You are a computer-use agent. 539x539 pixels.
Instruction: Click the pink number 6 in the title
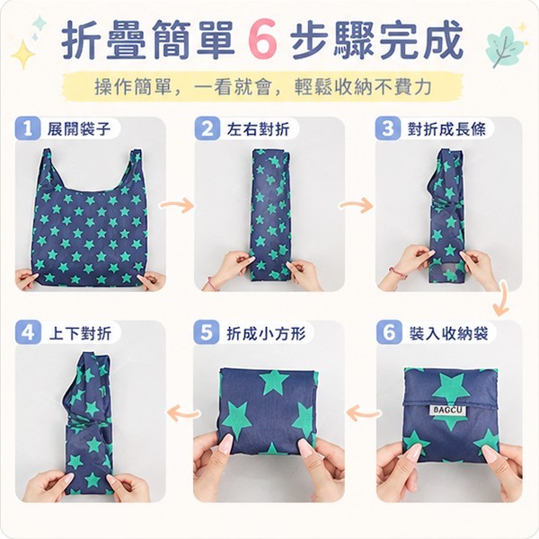[x=262, y=40]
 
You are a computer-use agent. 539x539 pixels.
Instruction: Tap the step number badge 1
[x=28, y=128]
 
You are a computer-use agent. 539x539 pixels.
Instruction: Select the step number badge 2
[x=208, y=128]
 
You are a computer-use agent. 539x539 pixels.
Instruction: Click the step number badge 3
[x=387, y=128]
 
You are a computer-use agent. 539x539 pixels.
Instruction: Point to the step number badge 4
[x=28, y=332]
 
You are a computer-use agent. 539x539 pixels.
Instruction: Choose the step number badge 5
[x=206, y=332]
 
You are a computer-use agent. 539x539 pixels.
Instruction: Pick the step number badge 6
[x=389, y=332]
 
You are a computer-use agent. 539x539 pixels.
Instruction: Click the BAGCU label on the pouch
[x=448, y=411]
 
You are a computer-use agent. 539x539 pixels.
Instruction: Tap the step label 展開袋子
[x=79, y=128]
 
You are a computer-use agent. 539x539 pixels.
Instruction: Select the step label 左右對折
[x=258, y=129]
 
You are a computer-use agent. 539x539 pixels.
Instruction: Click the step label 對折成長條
[x=446, y=129]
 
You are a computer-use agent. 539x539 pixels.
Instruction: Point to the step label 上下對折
[x=81, y=333]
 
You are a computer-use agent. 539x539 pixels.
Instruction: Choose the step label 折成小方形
[x=266, y=333]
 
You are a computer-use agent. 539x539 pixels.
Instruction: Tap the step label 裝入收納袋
[x=448, y=333]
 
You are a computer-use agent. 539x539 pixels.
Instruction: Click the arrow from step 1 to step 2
[x=177, y=205]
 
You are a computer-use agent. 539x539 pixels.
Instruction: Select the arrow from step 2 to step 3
[x=356, y=205]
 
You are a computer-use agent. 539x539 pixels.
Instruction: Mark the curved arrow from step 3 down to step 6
[x=502, y=299]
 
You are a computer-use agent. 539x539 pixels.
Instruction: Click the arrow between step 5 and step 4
[x=183, y=412]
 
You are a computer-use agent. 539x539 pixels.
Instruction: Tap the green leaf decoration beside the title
[x=505, y=48]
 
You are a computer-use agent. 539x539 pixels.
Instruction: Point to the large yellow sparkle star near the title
[x=23, y=54]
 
